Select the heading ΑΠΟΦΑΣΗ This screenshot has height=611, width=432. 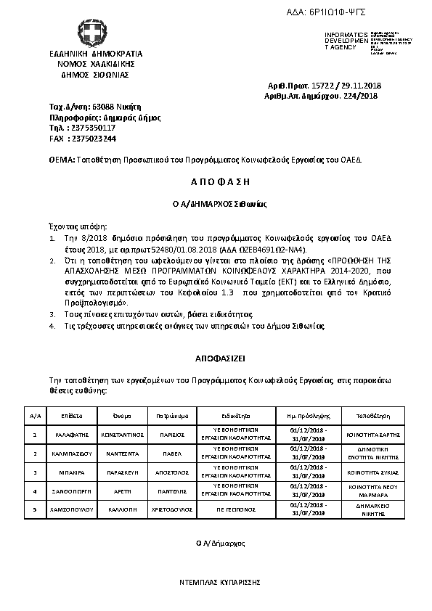click(x=216, y=181)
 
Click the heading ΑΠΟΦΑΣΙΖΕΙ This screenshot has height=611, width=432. click(x=216, y=358)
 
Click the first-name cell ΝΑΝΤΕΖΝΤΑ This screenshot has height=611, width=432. click(x=122, y=453)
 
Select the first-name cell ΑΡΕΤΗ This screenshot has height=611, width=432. click(x=122, y=491)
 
